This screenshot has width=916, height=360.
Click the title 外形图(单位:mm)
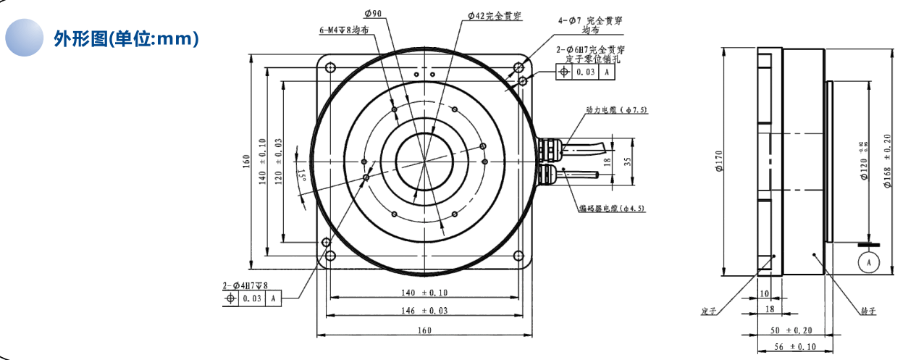coord(126,38)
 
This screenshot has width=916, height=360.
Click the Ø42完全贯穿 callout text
coord(495,14)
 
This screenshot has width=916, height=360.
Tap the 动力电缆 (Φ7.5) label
coord(616,110)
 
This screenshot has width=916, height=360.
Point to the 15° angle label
coord(300,174)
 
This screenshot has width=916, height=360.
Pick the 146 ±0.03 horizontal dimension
coord(425,310)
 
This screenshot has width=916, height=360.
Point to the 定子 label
coord(708,311)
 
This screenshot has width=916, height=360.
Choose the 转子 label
coord(868,311)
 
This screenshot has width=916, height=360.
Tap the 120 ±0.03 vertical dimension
coord(278,162)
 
